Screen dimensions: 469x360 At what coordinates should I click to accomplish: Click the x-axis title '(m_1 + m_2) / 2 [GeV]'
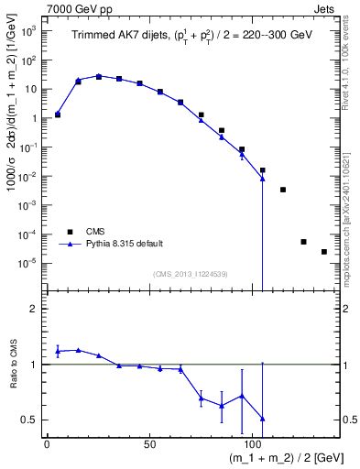coord(275,456)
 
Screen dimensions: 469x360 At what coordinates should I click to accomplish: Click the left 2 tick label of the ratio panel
coord(33,309)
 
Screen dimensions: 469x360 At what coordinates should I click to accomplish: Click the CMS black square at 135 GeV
coord(324,252)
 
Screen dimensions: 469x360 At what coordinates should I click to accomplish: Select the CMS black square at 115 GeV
coord(283,190)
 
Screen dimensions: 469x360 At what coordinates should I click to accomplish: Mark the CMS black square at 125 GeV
coord(303,242)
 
